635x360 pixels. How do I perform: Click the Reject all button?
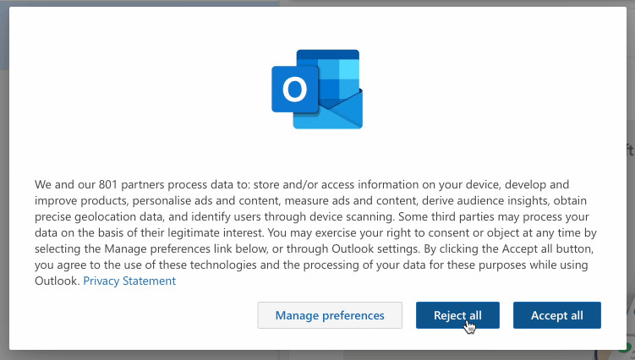[457, 315]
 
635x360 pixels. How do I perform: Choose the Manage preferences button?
[330, 315]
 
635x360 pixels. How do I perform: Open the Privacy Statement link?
[129, 281]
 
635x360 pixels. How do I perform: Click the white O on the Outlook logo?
[294, 89]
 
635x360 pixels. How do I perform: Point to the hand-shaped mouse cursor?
[469, 325]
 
